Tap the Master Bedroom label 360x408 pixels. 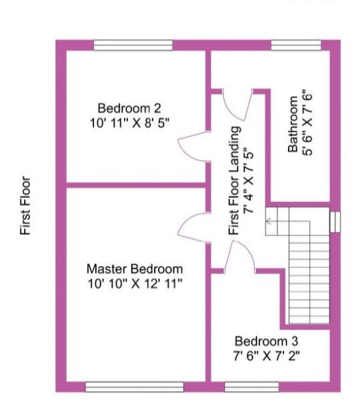click(x=135, y=269)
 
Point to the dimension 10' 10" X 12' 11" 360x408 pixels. click(x=135, y=283)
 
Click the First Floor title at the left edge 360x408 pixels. click(x=26, y=205)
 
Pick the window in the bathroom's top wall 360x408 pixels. click(x=297, y=45)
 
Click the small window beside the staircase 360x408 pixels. click(x=335, y=220)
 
